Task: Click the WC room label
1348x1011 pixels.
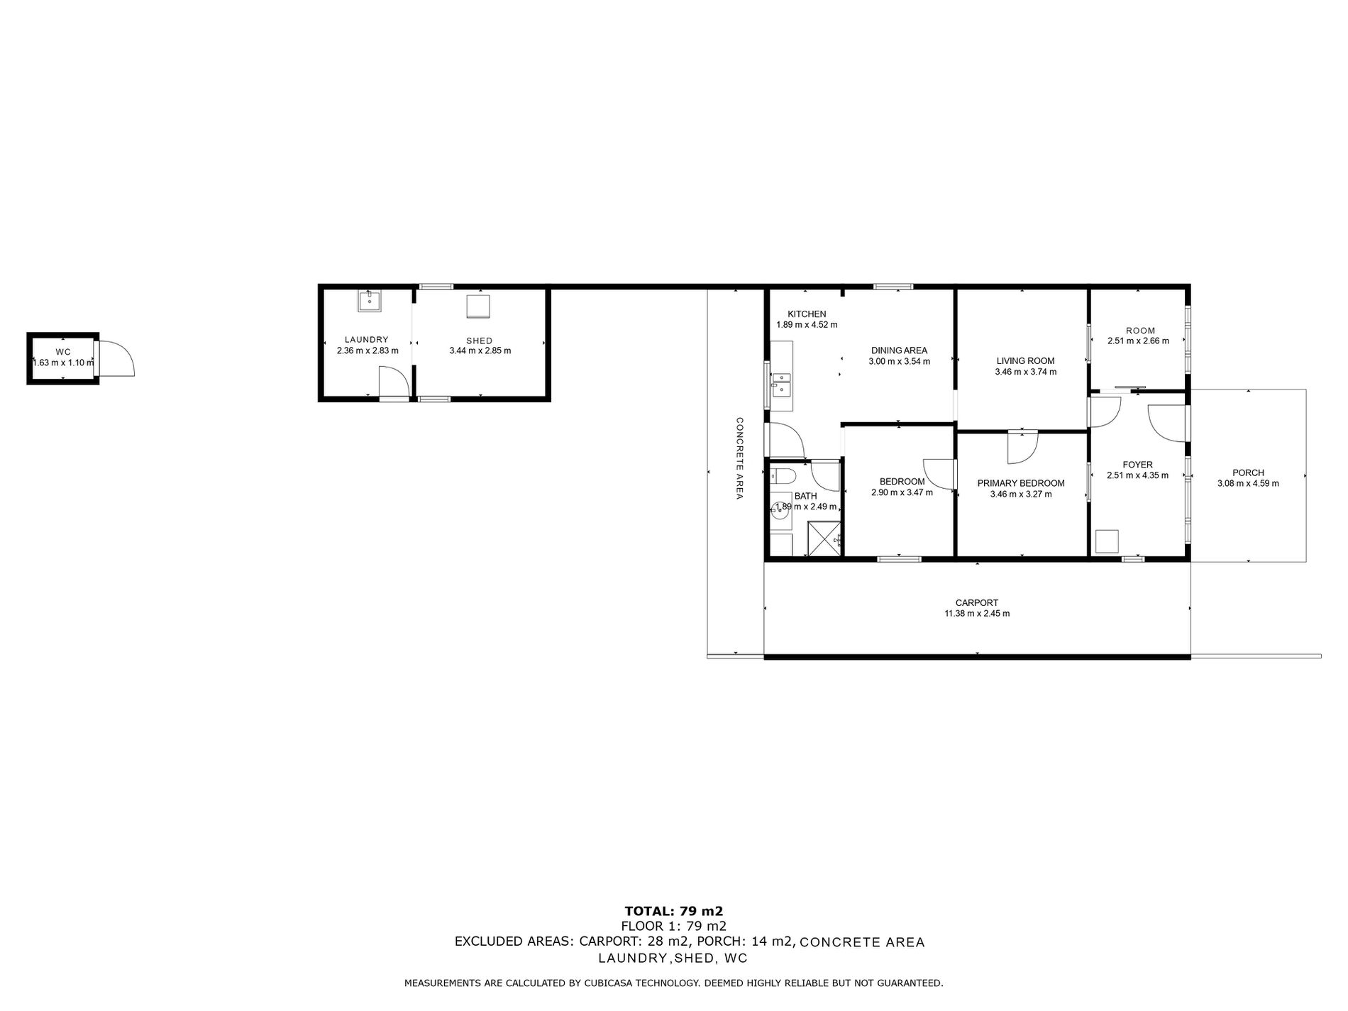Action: pyautogui.click(x=63, y=352)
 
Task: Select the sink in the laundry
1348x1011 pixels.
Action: pyautogui.click(x=369, y=301)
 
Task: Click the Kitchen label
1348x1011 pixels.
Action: pyautogui.click(x=807, y=314)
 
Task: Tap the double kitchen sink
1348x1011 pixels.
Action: pyautogui.click(x=780, y=383)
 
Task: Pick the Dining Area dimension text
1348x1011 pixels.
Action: pyautogui.click(x=899, y=361)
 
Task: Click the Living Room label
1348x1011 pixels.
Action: pyautogui.click(x=1025, y=360)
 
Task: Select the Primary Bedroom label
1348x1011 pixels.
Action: pyautogui.click(x=1021, y=483)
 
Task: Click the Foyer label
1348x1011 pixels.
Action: pyautogui.click(x=1137, y=465)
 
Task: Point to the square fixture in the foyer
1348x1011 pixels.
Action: pyautogui.click(x=1107, y=541)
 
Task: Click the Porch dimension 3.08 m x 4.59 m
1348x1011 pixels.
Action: pyautogui.click(x=1248, y=484)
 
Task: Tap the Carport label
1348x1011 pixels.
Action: pyautogui.click(x=977, y=603)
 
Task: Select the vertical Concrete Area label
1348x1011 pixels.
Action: pyautogui.click(x=739, y=458)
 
